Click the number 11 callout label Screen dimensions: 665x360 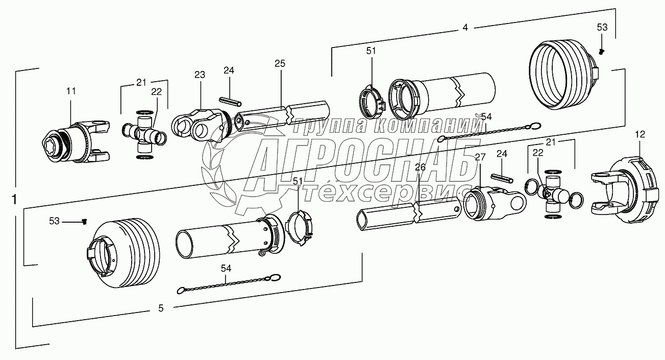[x=71, y=91]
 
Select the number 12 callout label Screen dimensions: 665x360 [x=640, y=134]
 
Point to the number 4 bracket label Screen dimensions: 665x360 [x=464, y=28]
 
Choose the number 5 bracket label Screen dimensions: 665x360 [x=161, y=308]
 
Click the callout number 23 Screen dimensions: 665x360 [x=199, y=75]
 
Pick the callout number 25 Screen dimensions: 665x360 [x=280, y=63]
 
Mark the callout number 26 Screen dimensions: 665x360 [x=420, y=167]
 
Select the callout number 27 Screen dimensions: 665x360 [x=480, y=157]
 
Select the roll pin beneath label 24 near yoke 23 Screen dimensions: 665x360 [x=229, y=101]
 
